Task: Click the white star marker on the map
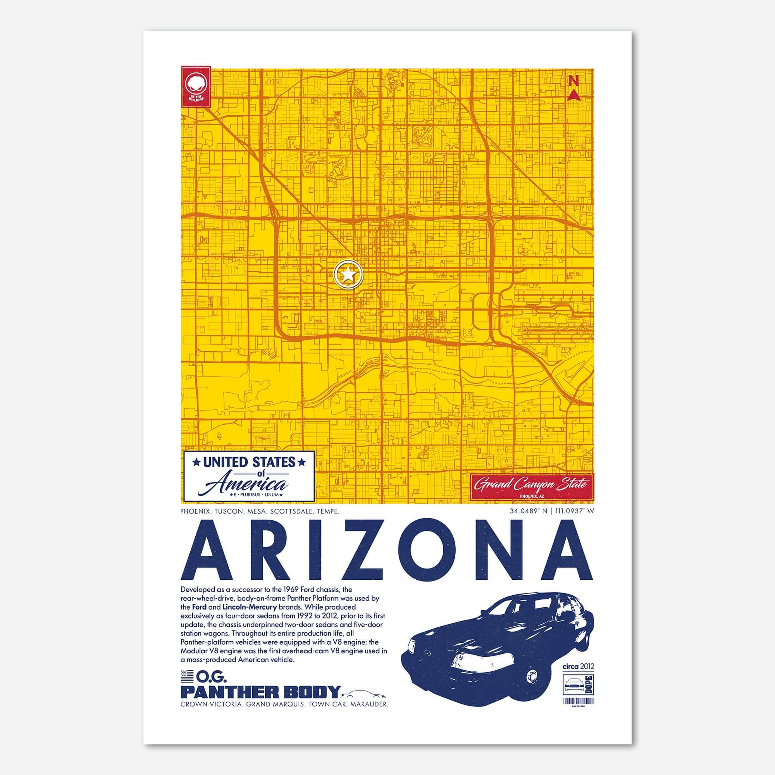(x=348, y=275)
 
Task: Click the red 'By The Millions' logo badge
(x=196, y=87)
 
